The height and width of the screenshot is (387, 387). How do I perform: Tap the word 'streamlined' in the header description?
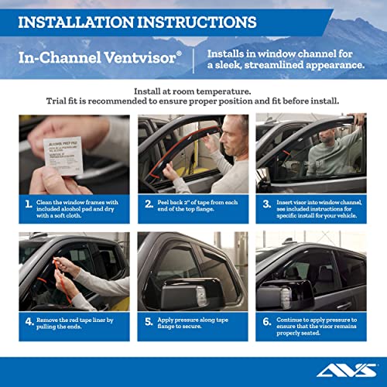pyautogui.click(x=279, y=66)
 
